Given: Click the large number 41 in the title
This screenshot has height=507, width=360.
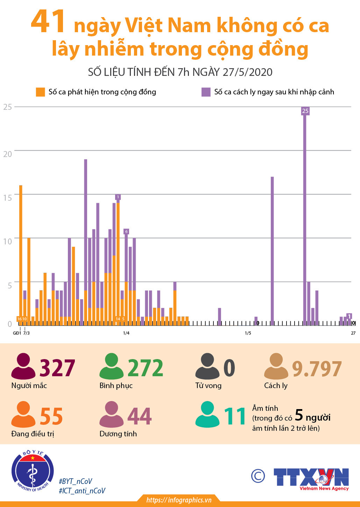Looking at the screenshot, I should pyautogui.click(x=48, y=22).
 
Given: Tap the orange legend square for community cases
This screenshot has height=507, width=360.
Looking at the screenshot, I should pyautogui.click(x=41, y=92).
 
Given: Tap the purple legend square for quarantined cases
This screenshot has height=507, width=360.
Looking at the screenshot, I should pyautogui.click(x=206, y=92).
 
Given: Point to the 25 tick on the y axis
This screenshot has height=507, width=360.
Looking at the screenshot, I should pyautogui.click(x=8, y=107).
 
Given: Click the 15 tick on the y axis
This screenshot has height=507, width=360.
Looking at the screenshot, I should pyautogui.click(x=8, y=198).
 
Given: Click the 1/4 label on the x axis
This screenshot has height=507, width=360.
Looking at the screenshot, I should pyautogui.click(x=126, y=333).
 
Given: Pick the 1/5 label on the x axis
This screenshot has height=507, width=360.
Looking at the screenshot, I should pyautogui.click(x=248, y=333).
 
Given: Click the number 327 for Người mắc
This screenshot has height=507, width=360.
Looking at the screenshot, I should pyautogui.click(x=57, y=368).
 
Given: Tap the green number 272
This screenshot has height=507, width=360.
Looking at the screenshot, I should pyautogui.click(x=145, y=368).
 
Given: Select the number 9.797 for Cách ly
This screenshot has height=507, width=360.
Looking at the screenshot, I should pyautogui.click(x=317, y=369).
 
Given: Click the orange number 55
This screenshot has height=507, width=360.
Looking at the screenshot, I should pyautogui.click(x=51, y=416).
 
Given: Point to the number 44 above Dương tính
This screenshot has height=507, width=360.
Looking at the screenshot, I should pyautogui.click(x=140, y=416).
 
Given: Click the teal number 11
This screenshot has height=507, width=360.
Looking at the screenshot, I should pyautogui.click(x=235, y=416).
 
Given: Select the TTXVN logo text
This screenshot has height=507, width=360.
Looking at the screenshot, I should pyautogui.click(x=311, y=477).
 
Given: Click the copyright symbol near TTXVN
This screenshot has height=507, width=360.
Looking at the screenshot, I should pyautogui.click(x=258, y=476).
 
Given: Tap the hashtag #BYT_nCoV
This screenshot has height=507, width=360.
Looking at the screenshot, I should pyautogui.click(x=76, y=481).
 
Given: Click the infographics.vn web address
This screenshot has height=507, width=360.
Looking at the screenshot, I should pyautogui.click(x=179, y=500).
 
